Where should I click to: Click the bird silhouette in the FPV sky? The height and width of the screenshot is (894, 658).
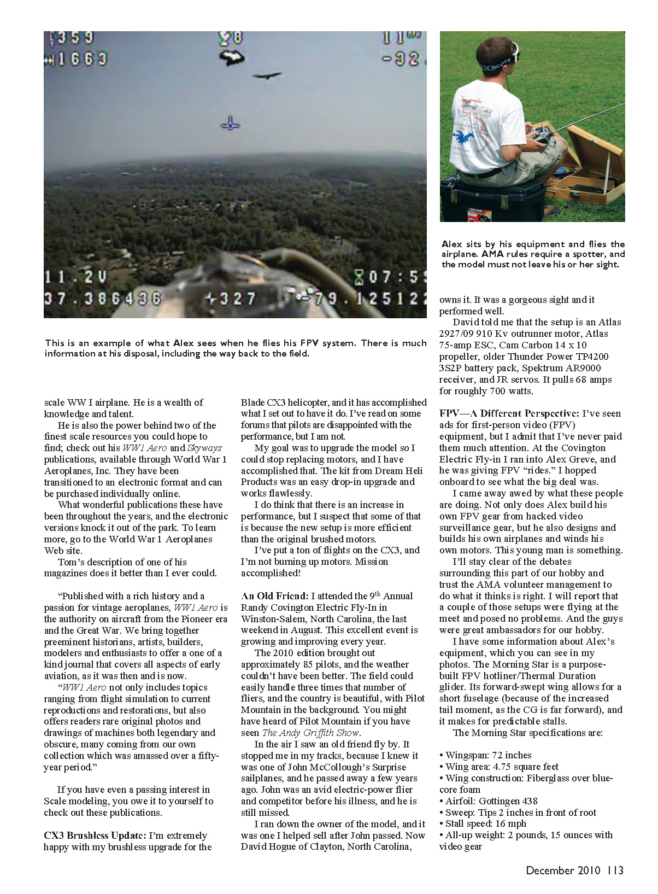point(267,75)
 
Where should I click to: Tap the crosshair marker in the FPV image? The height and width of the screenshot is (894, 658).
point(231,124)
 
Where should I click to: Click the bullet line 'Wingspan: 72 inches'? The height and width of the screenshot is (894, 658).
point(488,755)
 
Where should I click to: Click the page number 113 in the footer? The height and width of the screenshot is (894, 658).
point(615,870)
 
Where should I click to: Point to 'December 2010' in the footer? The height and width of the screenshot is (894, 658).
point(563,870)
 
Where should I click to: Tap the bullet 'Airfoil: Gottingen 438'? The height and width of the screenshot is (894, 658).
point(491,801)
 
